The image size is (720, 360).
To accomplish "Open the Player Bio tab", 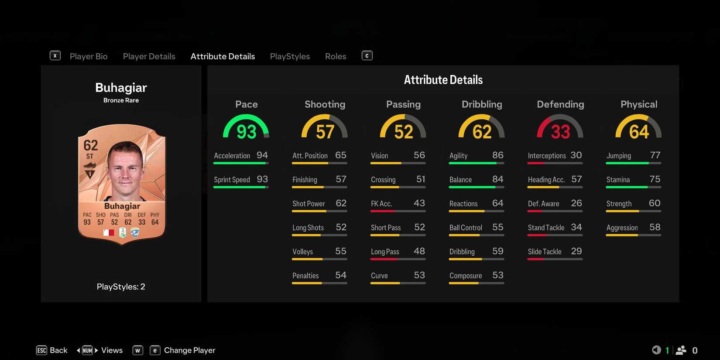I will (89, 56).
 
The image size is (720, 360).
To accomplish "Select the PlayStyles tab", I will (290, 56).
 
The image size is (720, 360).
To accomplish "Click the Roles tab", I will (336, 56).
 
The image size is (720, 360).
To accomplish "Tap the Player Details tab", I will (149, 56).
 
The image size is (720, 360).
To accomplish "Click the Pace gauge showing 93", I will (246, 128).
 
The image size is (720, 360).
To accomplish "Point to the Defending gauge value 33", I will (560, 131).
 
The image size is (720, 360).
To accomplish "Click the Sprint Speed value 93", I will (262, 179).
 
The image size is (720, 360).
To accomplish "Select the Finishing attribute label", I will (305, 180).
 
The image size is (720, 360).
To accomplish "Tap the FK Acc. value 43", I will (419, 203).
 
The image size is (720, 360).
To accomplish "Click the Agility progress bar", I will (476, 163).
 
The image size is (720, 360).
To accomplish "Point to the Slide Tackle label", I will (545, 252).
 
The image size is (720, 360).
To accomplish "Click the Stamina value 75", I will (655, 179).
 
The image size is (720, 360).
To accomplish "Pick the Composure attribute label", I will (466, 276).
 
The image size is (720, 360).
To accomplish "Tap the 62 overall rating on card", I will (90, 145).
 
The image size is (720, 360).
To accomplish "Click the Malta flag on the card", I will (108, 233).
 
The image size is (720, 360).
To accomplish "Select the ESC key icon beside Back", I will (41, 350).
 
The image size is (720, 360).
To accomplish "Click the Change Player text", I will (189, 350).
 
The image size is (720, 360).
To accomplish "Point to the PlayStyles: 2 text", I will (121, 287).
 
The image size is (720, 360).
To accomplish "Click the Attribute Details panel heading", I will (443, 80).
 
